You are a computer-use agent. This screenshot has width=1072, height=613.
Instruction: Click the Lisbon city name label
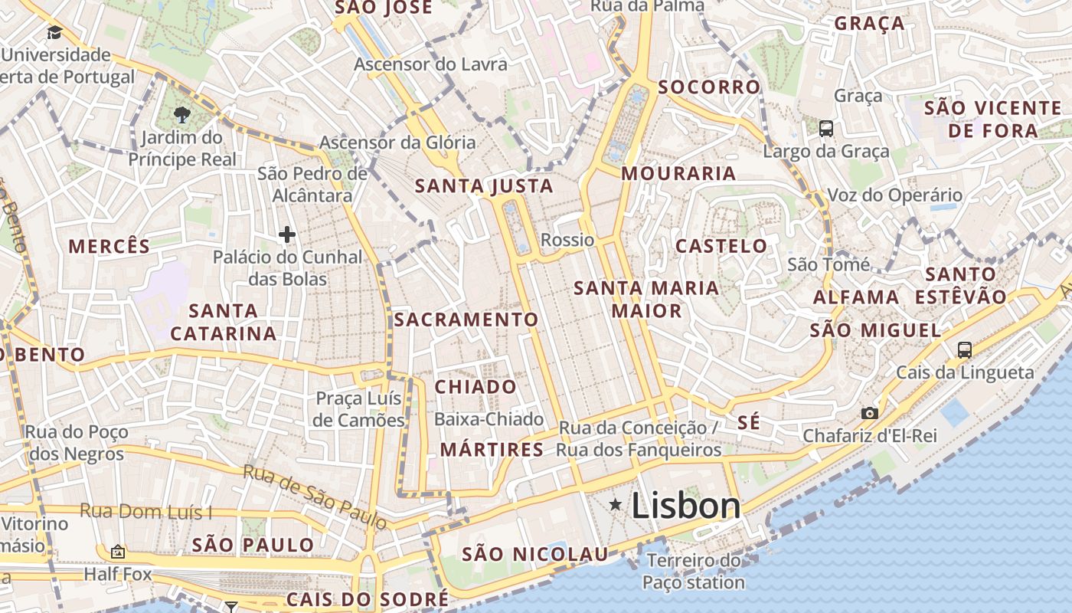coord(685,506)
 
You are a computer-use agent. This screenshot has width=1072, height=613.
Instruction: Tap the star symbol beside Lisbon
coord(615,504)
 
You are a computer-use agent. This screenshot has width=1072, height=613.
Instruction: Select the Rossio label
coord(567,240)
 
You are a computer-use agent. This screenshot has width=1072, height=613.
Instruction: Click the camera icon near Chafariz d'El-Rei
coord(869,413)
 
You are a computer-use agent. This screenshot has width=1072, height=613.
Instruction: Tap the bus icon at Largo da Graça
coord(825,128)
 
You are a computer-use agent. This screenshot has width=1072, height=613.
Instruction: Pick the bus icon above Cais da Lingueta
coord(964,350)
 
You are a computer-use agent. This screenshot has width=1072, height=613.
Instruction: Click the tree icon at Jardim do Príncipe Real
coord(182,116)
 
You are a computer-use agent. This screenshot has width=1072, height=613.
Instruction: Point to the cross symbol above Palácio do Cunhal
coord(287,234)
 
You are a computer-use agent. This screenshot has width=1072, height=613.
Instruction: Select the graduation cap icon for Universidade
coord(54,32)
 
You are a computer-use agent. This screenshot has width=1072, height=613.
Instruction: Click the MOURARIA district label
coord(678,173)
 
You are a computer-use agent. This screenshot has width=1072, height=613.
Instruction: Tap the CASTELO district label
coord(721,246)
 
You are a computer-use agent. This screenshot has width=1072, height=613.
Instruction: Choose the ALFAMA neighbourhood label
coord(856,297)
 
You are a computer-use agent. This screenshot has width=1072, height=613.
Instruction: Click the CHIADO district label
coord(476,387)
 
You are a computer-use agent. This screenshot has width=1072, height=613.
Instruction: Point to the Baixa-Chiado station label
coord(489,419)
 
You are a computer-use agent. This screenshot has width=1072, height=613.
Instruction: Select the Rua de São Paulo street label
coord(315,497)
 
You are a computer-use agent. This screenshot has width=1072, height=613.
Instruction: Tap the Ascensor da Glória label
coord(397,143)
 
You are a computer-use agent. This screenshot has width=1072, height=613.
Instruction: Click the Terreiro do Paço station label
coord(694,572)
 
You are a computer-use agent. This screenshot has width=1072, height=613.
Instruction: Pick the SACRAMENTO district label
coord(466,320)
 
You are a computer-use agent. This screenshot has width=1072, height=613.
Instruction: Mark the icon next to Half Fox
coord(118,551)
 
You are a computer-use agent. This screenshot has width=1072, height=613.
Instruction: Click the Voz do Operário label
coord(895,195)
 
